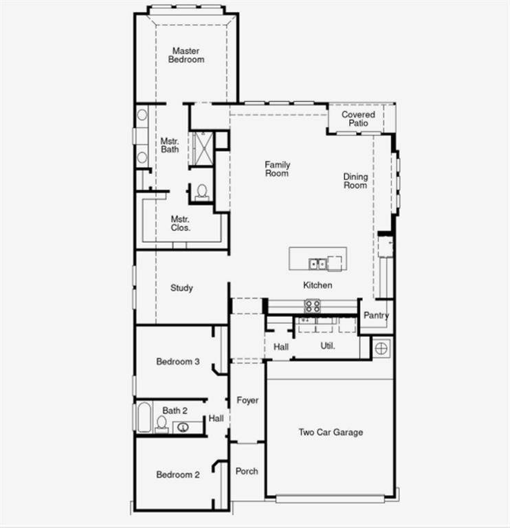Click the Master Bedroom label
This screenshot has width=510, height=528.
[x=186, y=55]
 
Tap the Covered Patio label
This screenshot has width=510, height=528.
[x=358, y=118]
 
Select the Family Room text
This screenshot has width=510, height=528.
[x=278, y=169]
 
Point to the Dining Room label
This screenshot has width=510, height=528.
[x=355, y=181]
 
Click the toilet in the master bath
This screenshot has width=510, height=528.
[x=202, y=192]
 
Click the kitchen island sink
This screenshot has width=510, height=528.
[x=318, y=263]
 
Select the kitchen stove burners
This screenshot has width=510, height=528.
[x=313, y=306]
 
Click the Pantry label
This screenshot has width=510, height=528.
[x=376, y=316]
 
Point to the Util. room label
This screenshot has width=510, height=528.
[x=328, y=346]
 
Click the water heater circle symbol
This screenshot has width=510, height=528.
[x=382, y=347]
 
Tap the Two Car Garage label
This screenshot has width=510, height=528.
[x=331, y=432]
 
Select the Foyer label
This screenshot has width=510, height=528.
[x=247, y=400]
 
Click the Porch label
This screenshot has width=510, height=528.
[x=247, y=471]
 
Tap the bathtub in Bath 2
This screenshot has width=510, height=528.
[x=144, y=417]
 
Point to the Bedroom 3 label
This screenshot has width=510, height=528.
[x=178, y=362]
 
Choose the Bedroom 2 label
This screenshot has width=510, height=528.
[x=178, y=474]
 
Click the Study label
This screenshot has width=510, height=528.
[x=181, y=288]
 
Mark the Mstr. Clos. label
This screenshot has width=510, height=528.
[x=181, y=223]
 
